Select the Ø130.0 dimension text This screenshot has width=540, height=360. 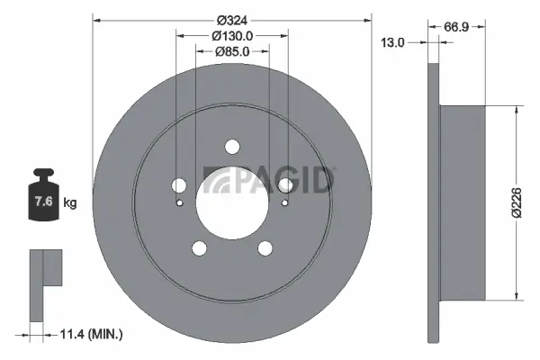pos(231,35)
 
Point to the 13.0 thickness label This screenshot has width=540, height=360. pos(391,42)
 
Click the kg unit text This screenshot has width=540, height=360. pos(70,202)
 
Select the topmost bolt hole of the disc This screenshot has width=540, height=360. pos(232,147)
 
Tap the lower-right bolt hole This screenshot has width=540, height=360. pos(265,248)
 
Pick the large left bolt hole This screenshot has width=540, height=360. pos(179,185)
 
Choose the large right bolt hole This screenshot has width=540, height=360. pos(285,185)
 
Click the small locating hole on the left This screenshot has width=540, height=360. pos(180,202)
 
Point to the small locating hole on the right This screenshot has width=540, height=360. pos(284,202)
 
